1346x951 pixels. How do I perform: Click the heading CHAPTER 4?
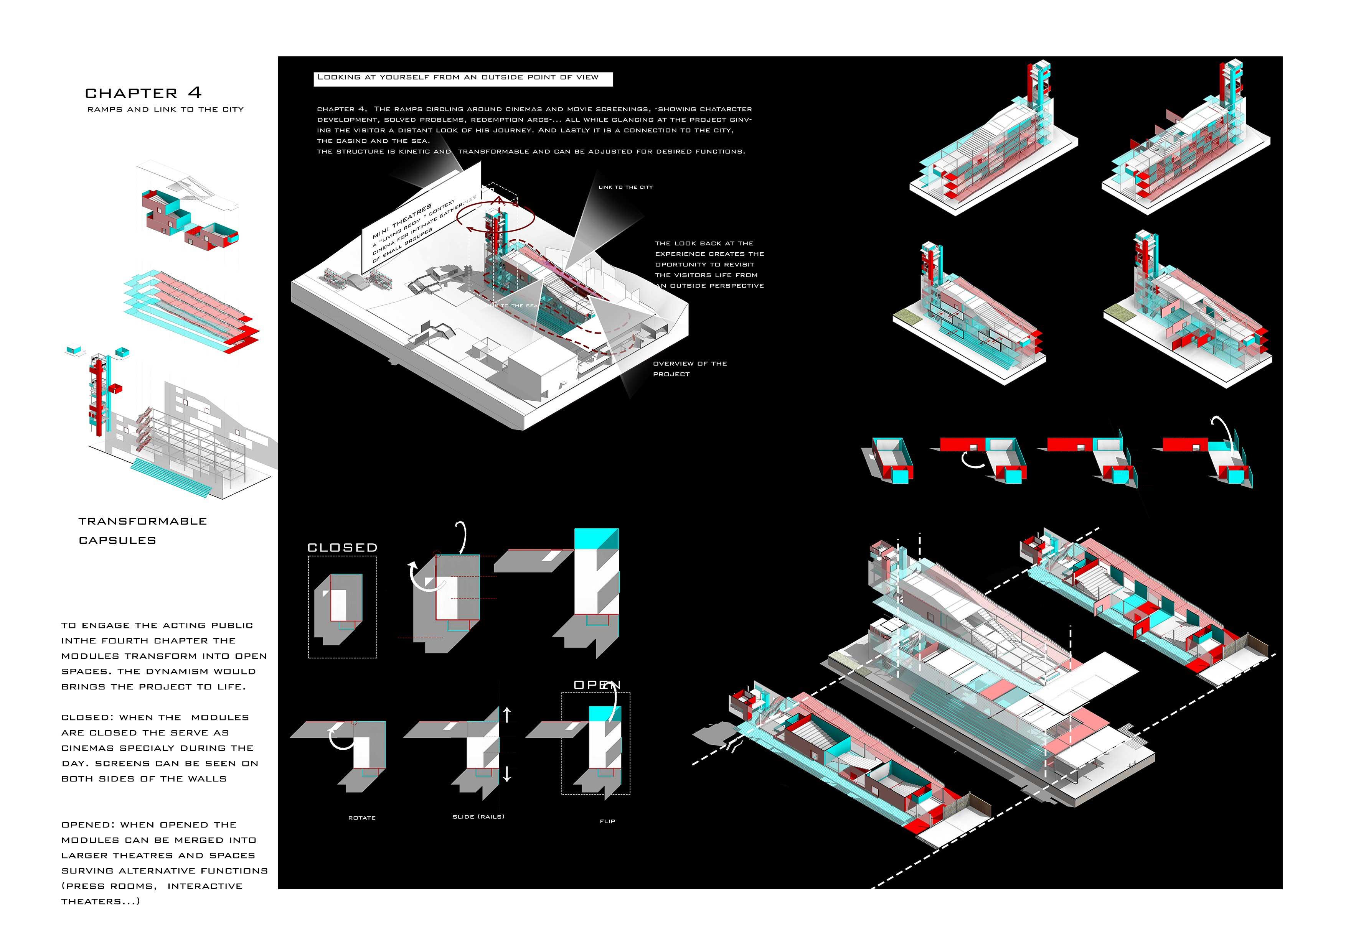[143, 93]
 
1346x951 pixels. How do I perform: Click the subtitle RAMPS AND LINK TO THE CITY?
[165, 110]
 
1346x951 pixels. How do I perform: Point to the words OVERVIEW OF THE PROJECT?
[689, 369]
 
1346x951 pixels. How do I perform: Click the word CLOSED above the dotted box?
[342, 547]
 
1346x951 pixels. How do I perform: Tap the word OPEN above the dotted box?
[597, 685]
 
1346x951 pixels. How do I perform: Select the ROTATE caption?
[362, 818]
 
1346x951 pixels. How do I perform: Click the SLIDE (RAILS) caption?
[478, 816]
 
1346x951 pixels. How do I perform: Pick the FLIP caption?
[607, 821]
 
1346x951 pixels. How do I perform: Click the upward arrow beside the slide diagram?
[507, 714]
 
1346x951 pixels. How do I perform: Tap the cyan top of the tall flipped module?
[595, 538]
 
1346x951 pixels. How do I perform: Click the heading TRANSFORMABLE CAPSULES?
[142, 530]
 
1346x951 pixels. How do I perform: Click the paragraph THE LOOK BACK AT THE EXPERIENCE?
[709, 264]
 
